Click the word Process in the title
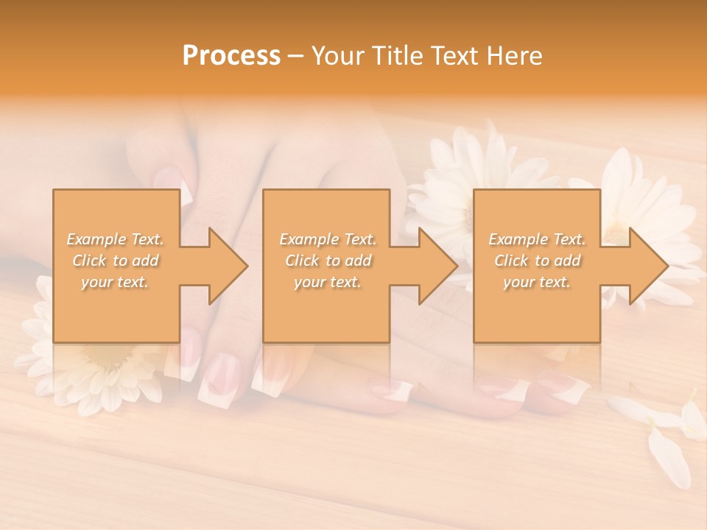pos(231,56)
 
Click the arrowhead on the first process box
pos(224,266)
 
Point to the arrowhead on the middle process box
pos(435,266)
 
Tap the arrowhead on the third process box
pos(645,266)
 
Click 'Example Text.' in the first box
pos(116,239)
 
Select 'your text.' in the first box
pos(116,282)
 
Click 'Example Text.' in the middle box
pos(327,239)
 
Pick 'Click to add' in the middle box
pos(327,261)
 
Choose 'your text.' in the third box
pos(537,282)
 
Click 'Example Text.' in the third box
pos(537,239)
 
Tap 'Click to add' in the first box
pos(116,261)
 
